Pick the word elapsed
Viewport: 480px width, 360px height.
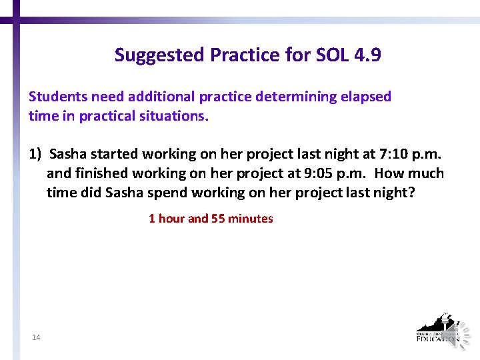[x=365, y=97]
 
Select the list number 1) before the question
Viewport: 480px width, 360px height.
[x=35, y=154]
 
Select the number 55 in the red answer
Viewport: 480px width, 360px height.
[x=217, y=219]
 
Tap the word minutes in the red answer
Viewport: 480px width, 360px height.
[x=251, y=219]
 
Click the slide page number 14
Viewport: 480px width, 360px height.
[x=36, y=338]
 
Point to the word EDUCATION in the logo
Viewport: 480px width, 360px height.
[x=437, y=338]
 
